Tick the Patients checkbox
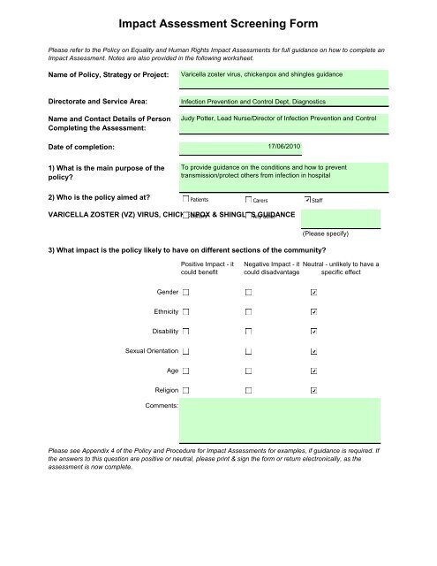[185, 200]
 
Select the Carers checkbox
[248, 200]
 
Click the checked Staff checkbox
[307, 200]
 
